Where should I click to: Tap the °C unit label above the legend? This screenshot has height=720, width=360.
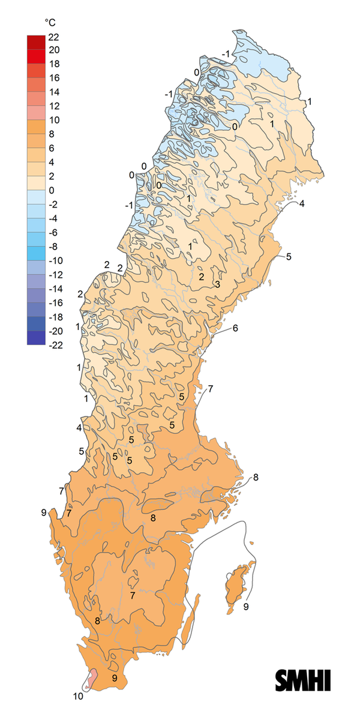(x=51, y=23)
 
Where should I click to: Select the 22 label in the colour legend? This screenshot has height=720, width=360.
(x=63, y=37)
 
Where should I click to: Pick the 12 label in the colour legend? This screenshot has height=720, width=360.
(x=63, y=106)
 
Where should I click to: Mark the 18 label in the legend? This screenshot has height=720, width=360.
(x=63, y=64)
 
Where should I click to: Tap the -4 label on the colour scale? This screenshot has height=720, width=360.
(x=63, y=218)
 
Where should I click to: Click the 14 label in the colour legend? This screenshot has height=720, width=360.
(x=63, y=92)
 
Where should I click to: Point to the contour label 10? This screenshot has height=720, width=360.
(x=79, y=697)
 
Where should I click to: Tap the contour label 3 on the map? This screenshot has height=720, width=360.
(x=217, y=284)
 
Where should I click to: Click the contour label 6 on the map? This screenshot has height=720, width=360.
(x=235, y=328)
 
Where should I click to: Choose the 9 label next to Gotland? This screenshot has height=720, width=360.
(x=246, y=607)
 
